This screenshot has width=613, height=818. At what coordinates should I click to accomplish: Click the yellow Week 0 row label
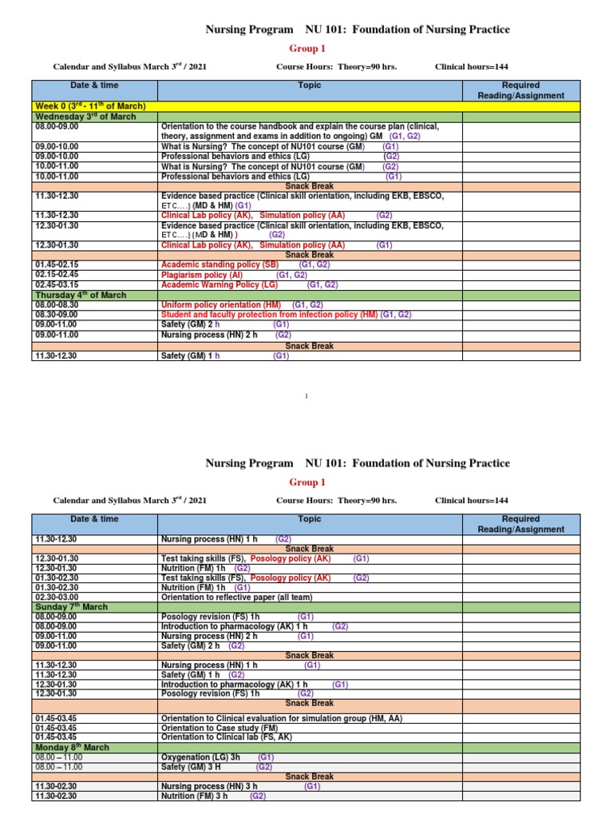click(89, 106)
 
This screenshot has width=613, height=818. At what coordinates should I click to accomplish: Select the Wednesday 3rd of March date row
click(84, 117)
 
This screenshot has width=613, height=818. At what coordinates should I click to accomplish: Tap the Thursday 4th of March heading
click(80, 295)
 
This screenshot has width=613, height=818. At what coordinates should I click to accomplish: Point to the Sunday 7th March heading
click(72, 606)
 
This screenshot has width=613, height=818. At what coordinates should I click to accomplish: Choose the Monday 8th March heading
click(72, 747)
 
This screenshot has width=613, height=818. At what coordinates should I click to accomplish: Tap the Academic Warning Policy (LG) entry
click(219, 284)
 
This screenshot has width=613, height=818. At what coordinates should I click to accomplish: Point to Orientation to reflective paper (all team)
click(236, 597)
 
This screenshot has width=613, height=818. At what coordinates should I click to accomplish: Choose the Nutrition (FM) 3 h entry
click(194, 796)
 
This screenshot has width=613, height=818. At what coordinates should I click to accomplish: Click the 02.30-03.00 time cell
click(57, 597)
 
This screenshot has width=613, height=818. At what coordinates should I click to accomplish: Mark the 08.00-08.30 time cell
click(57, 304)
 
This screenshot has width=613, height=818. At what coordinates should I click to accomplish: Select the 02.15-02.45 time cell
click(57, 275)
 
